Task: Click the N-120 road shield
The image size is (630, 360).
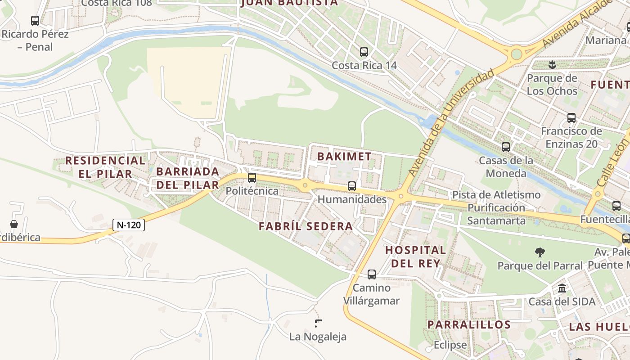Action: click(129, 225)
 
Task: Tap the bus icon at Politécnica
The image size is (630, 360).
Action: click(252, 178)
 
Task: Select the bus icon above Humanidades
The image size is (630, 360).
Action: click(352, 186)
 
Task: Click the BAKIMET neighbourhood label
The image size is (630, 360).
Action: click(345, 157)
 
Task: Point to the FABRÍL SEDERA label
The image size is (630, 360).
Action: click(306, 226)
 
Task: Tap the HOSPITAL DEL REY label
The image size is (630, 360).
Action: click(415, 256)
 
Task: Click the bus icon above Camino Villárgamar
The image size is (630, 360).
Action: click(372, 274)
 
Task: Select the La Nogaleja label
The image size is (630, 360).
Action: click(318, 337)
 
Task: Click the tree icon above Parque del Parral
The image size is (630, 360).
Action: click(540, 252)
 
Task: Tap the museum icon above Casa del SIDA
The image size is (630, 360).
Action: click(562, 288)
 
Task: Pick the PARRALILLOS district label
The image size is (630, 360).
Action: click(469, 324)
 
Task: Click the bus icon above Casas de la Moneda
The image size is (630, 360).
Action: click(506, 147)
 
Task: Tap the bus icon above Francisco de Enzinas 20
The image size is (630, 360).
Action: click(571, 118)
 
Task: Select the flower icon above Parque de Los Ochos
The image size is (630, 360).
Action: click(552, 65)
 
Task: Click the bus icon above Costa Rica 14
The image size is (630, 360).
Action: click(364, 52)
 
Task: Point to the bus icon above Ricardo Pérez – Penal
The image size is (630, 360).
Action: click(35, 21)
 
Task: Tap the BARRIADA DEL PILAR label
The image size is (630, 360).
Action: click(188, 178)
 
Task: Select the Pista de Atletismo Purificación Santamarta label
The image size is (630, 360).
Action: click(496, 207)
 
